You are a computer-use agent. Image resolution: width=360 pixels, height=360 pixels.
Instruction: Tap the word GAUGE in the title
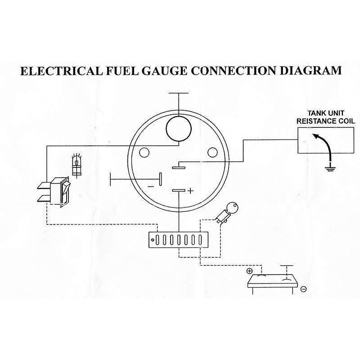click(x=162, y=71)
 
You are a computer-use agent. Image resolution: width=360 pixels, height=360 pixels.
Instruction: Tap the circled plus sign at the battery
click(x=249, y=271)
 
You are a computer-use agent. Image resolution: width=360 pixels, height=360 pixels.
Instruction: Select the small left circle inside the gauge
click(x=144, y=153)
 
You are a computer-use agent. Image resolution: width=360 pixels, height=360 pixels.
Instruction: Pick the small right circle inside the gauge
click(x=213, y=153)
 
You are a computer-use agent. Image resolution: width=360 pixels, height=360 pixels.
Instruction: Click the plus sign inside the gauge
click(x=190, y=191)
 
